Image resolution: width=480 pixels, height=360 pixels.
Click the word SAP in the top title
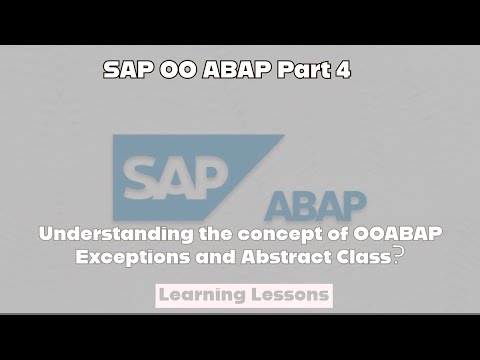point(127,72)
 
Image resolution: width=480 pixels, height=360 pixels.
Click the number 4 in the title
point(344,72)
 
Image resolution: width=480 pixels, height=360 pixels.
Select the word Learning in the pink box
point(204,296)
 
